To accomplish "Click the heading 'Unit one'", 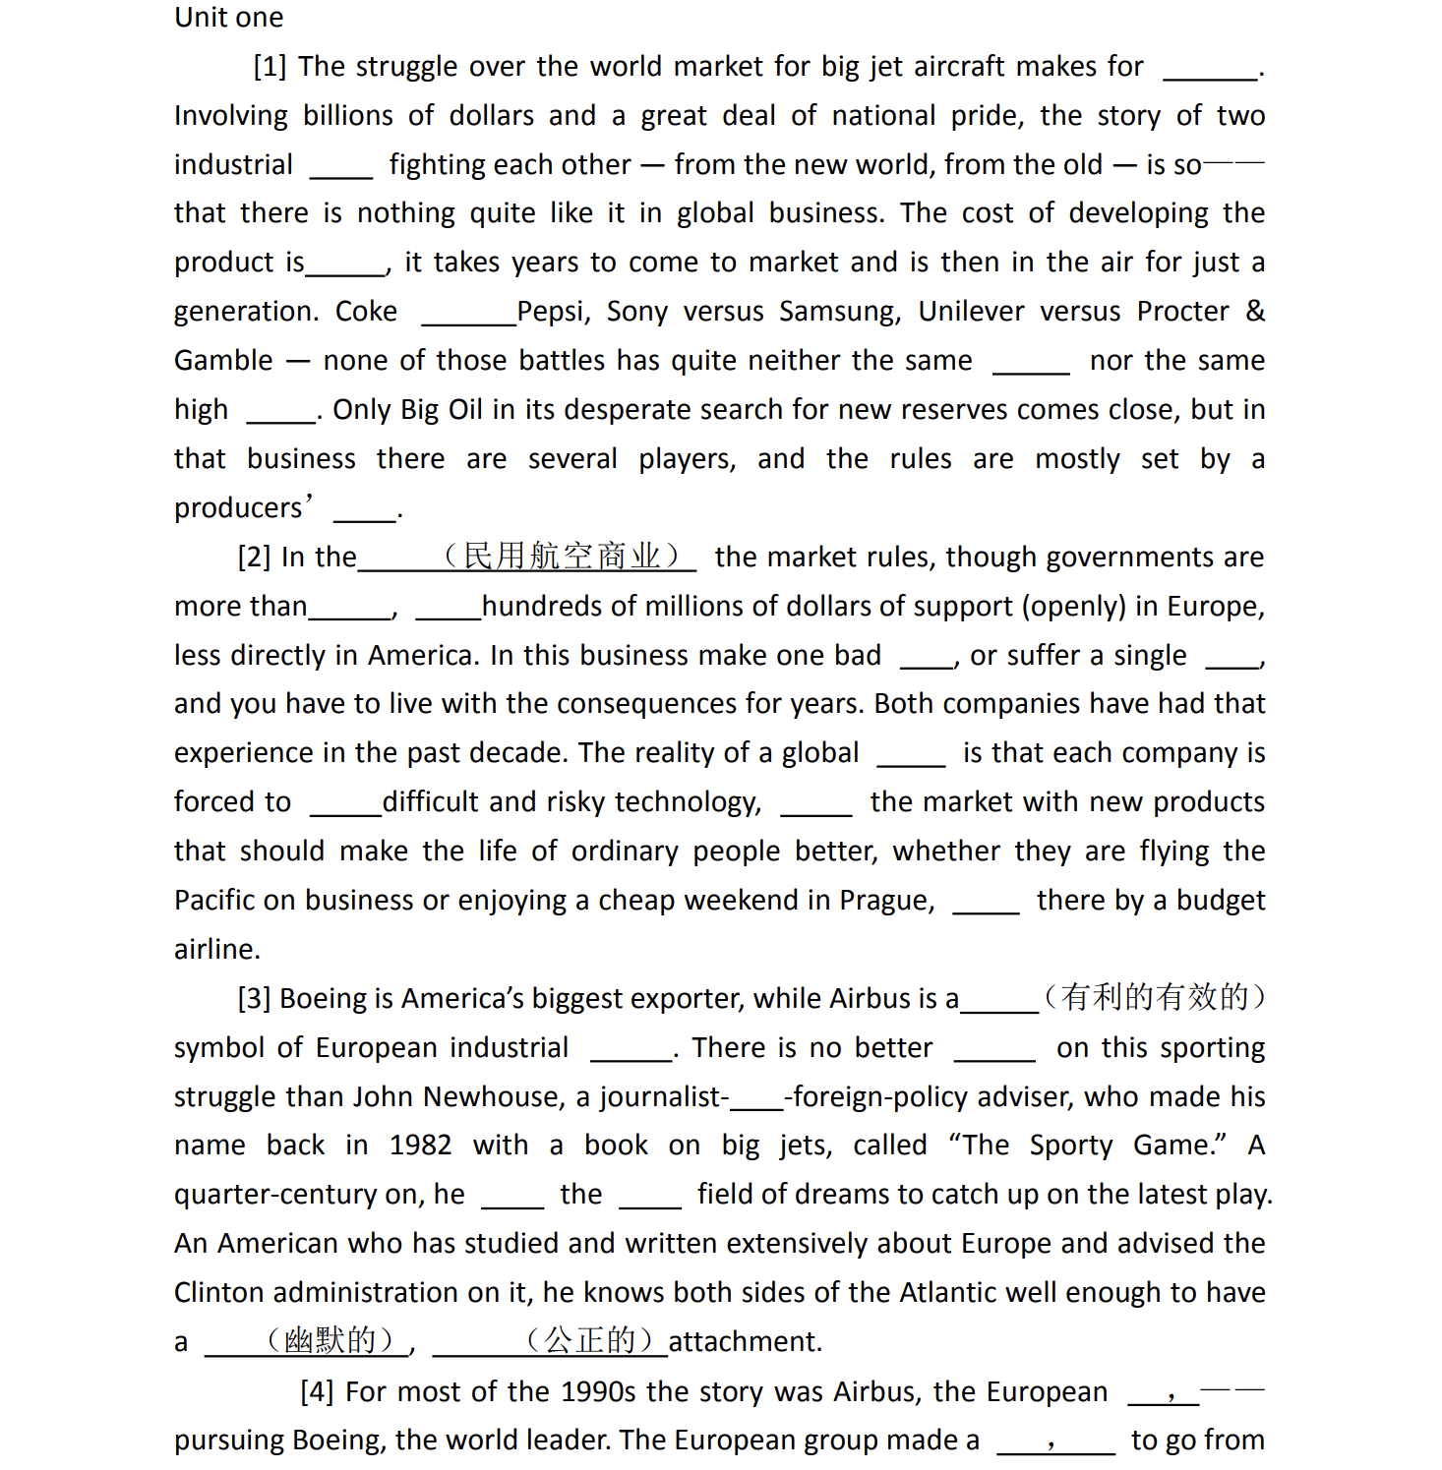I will [228, 18].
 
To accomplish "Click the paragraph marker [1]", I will [270, 67].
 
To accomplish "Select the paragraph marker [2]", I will [254, 558].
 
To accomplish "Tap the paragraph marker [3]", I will [254, 999].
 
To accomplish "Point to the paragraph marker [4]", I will [317, 1392].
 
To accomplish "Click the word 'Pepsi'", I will [553, 312].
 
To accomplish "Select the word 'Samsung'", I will [839, 312].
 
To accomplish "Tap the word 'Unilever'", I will [970, 312].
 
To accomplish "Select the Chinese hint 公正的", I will [590, 1340].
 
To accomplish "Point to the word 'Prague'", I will [885, 901].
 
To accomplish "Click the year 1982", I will [420, 1146].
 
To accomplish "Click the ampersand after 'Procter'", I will [1255, 312].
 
